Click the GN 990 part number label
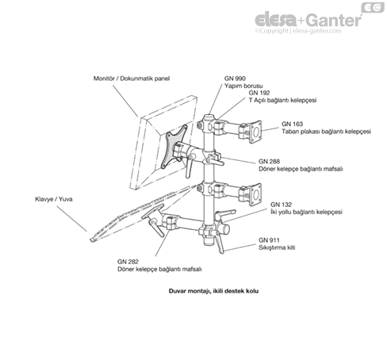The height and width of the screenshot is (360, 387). coord(234,78)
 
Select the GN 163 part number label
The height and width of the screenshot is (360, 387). coord(292,124)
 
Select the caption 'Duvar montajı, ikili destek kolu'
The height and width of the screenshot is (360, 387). coord(209,291)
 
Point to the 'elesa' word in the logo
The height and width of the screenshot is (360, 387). coord(274,20)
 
